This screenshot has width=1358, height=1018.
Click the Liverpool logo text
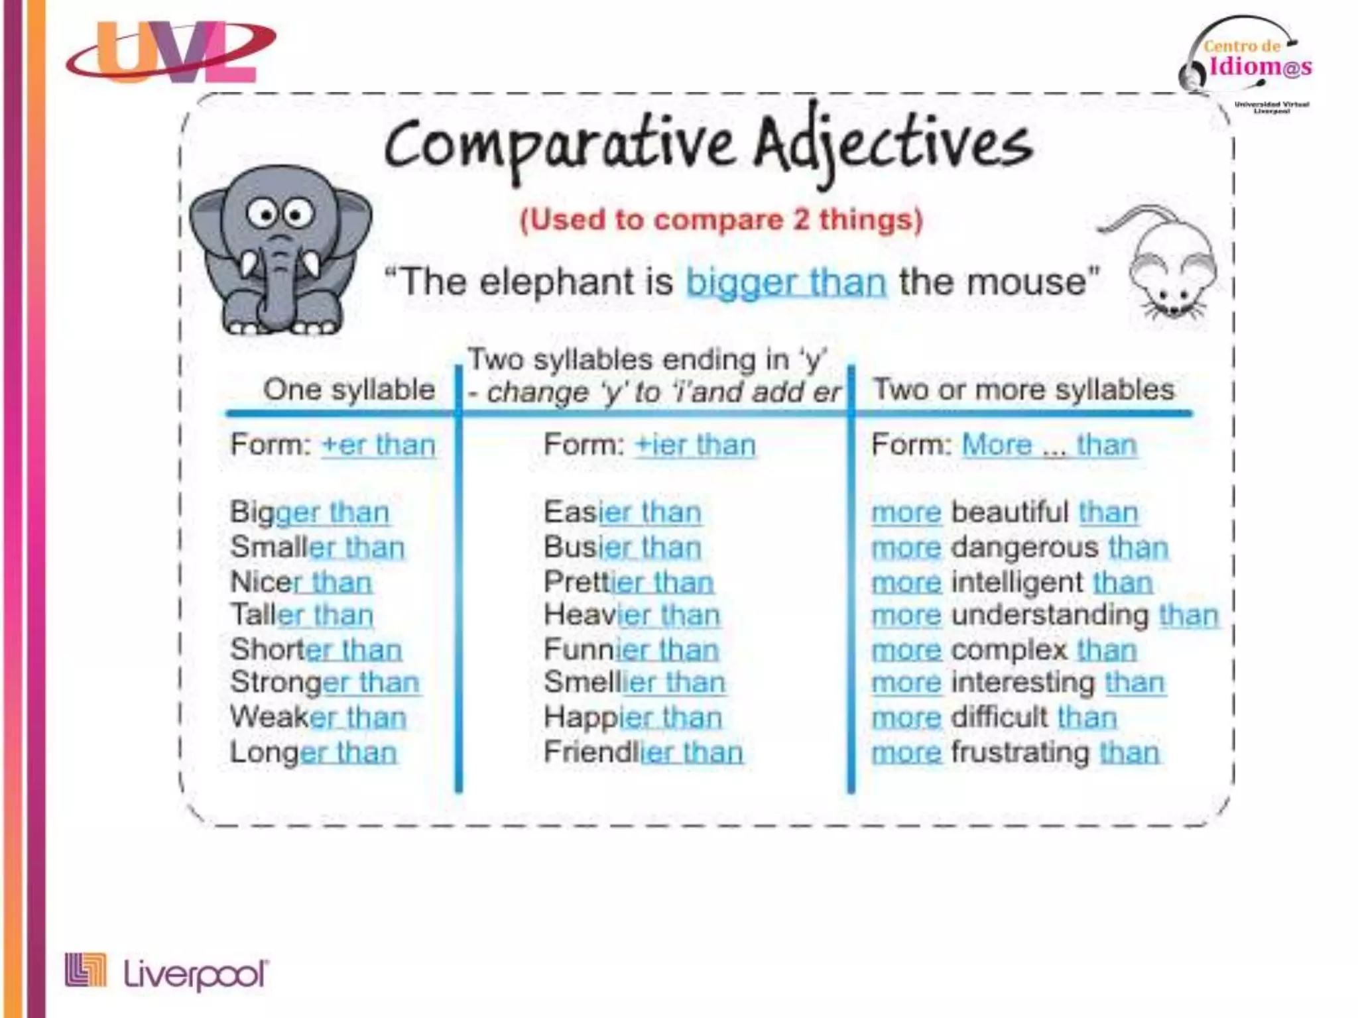(x=196, y=974)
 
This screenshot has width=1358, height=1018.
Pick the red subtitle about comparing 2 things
(x=721, y=220)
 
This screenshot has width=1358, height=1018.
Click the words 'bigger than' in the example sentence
(x=786, y=282)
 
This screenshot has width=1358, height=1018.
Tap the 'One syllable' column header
(x=349, y=390)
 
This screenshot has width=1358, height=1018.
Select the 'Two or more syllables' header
(x=1023, y=390)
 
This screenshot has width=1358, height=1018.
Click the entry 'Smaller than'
(x=317, y=547)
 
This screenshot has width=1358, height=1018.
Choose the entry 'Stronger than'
(x=325, y=683)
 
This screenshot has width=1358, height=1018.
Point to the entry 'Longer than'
(x=314, y=753)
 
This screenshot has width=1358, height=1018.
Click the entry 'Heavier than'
(x=632, y=615)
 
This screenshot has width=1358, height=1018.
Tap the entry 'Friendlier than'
(x=643, y=753)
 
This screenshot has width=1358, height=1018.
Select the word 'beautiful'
(x=1009, y=512)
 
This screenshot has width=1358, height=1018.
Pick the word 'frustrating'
(x=1020, y=753)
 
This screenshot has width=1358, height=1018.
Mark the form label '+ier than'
(x=695, y=445)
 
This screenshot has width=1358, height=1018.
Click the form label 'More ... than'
(x=1050, y=445)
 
